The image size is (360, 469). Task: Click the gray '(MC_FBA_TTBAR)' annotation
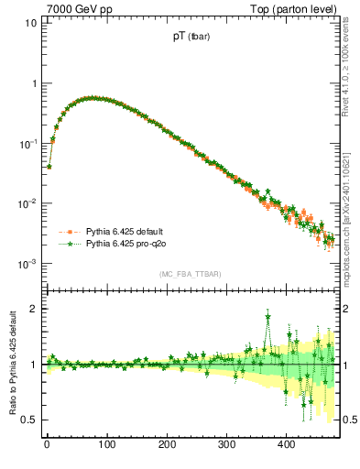coord(190,274)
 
